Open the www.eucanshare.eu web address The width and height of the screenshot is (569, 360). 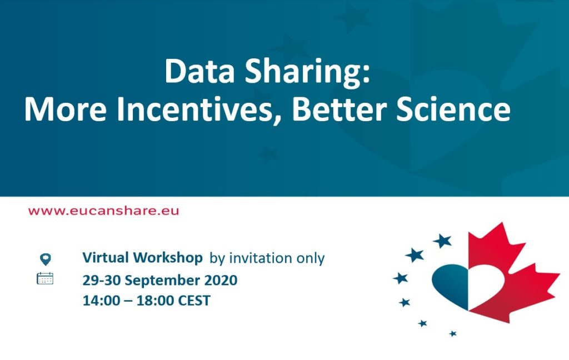(x=103, y=211)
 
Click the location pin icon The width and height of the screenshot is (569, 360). (x=46, y=259)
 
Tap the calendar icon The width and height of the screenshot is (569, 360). (x=45, y=278)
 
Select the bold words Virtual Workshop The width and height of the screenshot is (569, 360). (x=142, y=258)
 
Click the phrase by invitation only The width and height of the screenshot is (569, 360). (x=267, y=258)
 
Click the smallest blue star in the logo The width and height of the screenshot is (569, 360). (x=452, y=333)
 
